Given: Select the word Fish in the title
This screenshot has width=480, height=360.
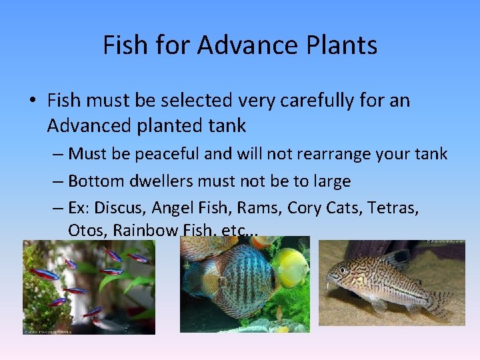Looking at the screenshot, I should point(124,45).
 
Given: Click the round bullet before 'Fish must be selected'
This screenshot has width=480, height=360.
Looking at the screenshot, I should point(32,101).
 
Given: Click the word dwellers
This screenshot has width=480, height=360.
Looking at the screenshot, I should point(155,181).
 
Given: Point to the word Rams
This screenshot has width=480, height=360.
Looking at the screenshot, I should point(261,207).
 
